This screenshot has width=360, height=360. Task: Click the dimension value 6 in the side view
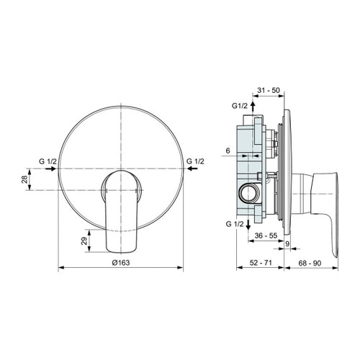[x=228, y=150]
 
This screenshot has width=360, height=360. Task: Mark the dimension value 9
[x=288, y=243]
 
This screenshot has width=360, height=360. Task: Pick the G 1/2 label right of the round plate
[x=195, y=161]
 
